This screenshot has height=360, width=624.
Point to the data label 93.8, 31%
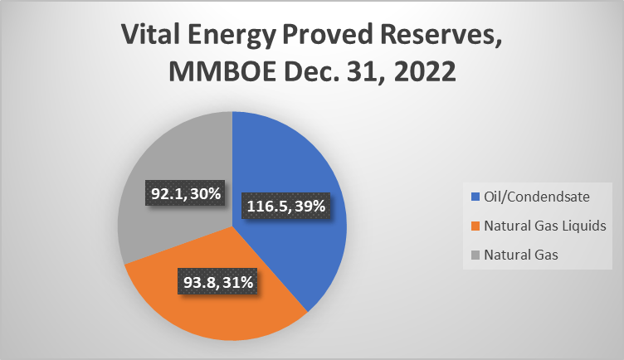(217, 282)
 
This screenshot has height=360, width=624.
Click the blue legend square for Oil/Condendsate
(475, 197)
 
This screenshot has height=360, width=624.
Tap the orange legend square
(475, 226)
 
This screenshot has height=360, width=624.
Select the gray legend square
(475, 255)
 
